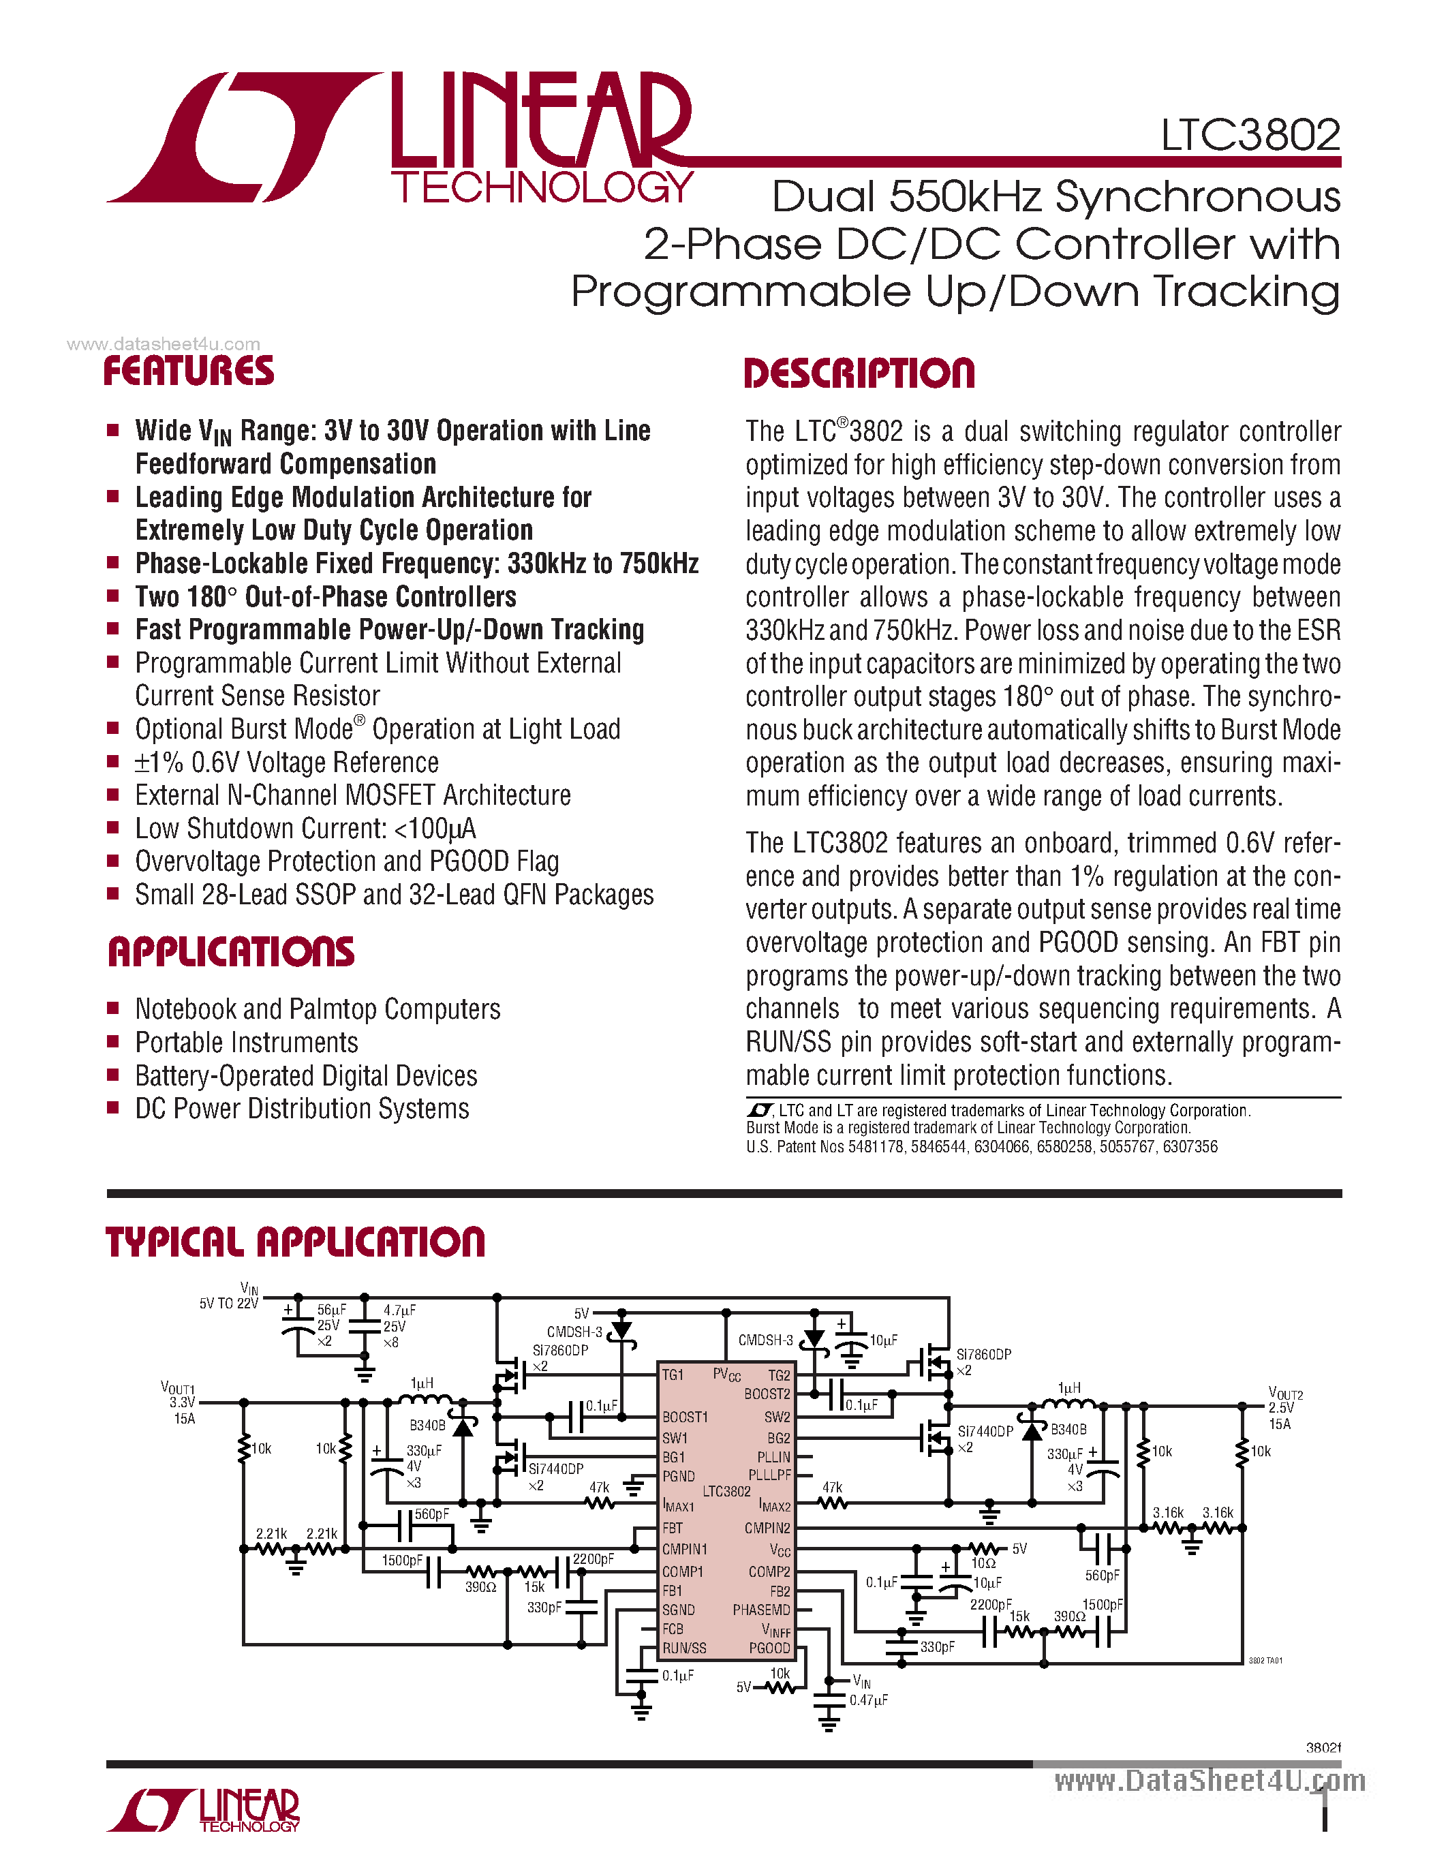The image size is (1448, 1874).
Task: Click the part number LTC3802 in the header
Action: point(1250,136)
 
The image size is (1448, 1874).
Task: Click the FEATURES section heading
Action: point(189,371)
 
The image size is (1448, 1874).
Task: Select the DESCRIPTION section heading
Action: point(859,374)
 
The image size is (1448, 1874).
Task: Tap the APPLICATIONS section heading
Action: point(231,953)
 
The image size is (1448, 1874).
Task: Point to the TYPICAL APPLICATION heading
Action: point(295,1242)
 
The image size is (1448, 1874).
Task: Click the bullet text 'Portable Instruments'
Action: point(247,1043)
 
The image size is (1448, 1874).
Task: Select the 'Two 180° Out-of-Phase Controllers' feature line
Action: point(326,597)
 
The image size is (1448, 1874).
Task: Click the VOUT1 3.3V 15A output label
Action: point(179,1403)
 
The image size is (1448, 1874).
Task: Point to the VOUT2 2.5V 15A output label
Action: point(1285,1407)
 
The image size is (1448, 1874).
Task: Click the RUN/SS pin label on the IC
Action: point(683,1648)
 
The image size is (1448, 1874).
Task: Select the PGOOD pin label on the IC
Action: point(769,1648)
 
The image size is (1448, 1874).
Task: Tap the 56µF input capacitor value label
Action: point(331,1310)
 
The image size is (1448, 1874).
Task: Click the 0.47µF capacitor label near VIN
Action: point(868,1700)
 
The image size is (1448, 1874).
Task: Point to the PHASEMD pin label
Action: point(761,1610)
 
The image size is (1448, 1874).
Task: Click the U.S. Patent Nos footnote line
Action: point(981,1146)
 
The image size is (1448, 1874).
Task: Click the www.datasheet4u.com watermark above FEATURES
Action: point(163,344)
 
